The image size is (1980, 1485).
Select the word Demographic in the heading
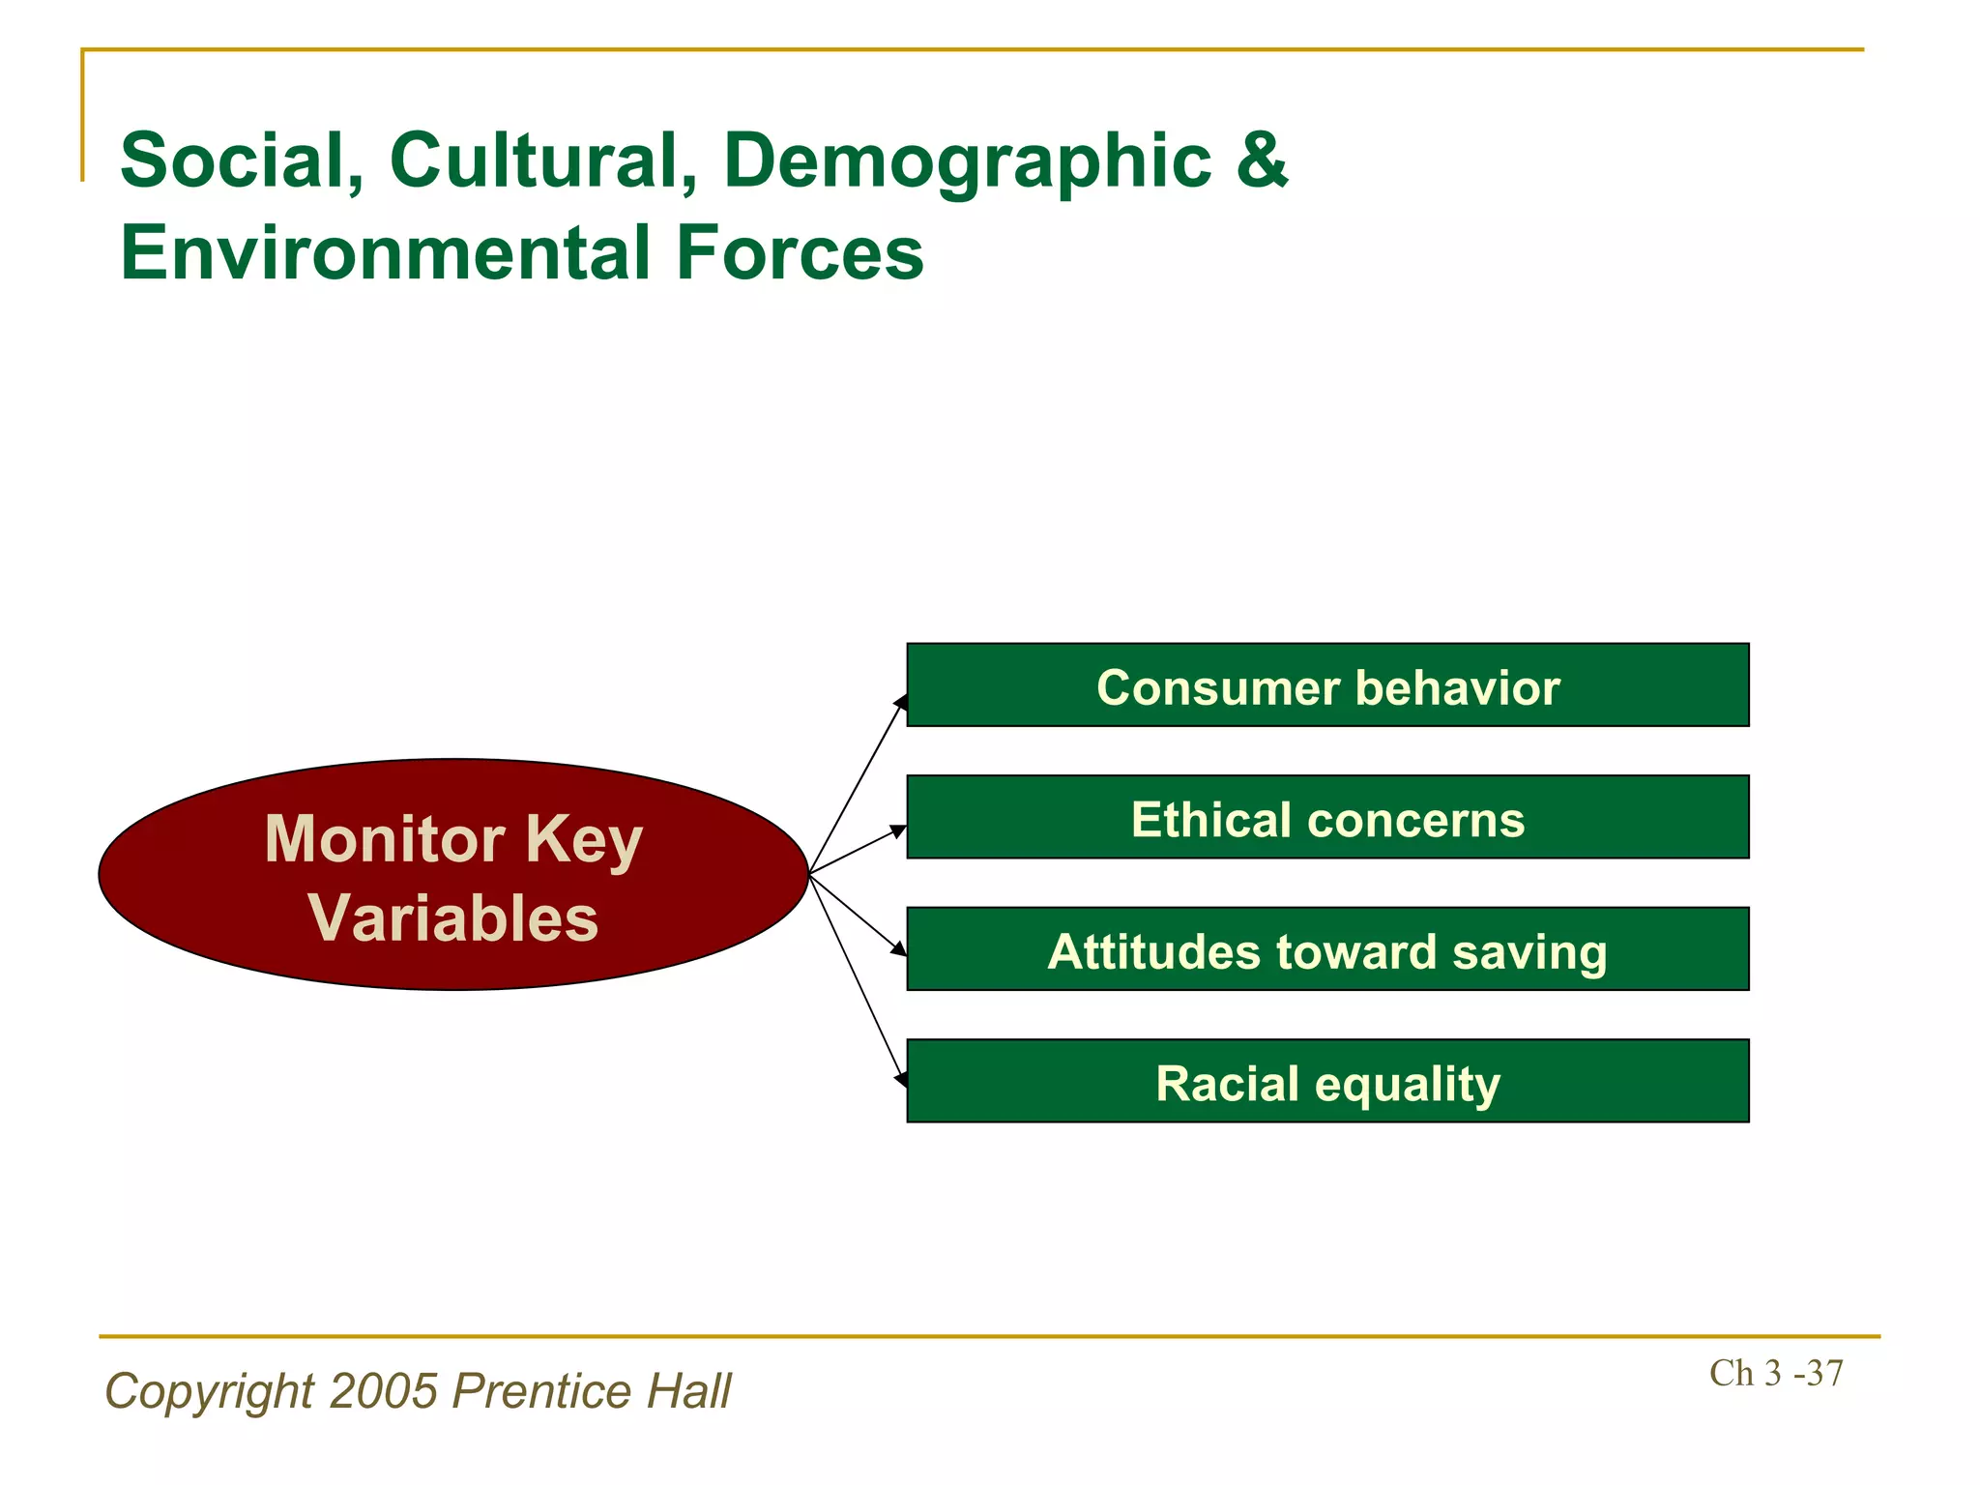967,160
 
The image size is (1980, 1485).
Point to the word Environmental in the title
386,253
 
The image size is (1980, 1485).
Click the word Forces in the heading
800,253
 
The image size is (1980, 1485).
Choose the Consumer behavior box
1326,685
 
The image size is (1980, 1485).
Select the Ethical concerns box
1326,818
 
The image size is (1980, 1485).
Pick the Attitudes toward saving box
1326,949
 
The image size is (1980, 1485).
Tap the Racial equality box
1326,1082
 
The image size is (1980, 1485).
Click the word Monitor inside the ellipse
384,839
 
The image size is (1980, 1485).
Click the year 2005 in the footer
384,1391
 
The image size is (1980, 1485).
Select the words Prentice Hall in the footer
592,1391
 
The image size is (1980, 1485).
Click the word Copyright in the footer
209,1391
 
